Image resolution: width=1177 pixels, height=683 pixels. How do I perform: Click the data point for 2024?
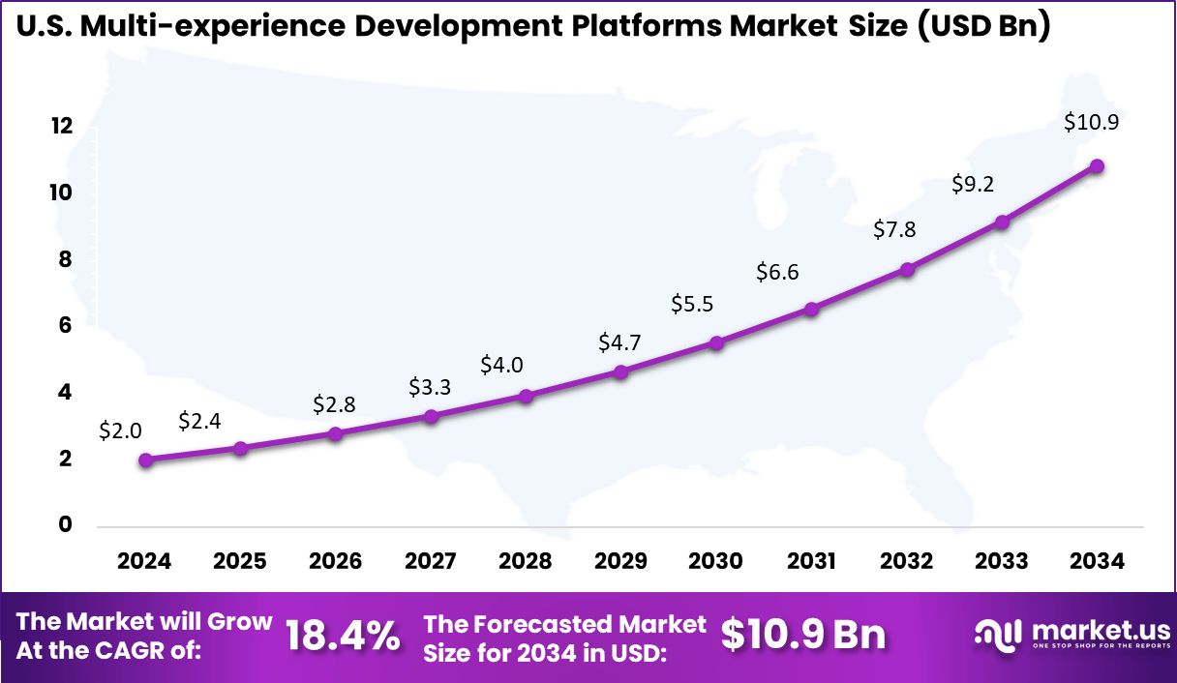(x=145, y=460)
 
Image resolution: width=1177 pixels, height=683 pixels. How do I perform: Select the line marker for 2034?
(x=1097, y=166)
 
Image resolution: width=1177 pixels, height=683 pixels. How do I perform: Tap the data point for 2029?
(x=621, y=371)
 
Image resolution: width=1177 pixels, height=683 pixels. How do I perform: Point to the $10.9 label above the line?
(x=1092, y=123)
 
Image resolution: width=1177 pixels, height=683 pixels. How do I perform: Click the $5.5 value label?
(x=692, y=304)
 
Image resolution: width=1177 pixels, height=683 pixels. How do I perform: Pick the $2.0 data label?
(x=120, y=431)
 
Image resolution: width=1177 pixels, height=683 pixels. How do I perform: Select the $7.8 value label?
(x=894, y=229)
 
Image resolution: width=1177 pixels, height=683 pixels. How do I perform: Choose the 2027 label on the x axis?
(x=431, y=562)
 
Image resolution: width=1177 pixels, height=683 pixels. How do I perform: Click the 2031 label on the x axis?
(x=811, y=562)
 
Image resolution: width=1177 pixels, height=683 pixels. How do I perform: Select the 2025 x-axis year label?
(x=240, y=562)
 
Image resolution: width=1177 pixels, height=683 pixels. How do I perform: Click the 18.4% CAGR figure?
(x=343, y=636)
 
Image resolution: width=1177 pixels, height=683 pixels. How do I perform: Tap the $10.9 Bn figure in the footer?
(x=803, y=636)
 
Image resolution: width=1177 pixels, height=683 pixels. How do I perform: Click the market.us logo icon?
(x=998, y=635)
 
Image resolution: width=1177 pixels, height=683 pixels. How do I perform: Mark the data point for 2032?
(x=907, y=269)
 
